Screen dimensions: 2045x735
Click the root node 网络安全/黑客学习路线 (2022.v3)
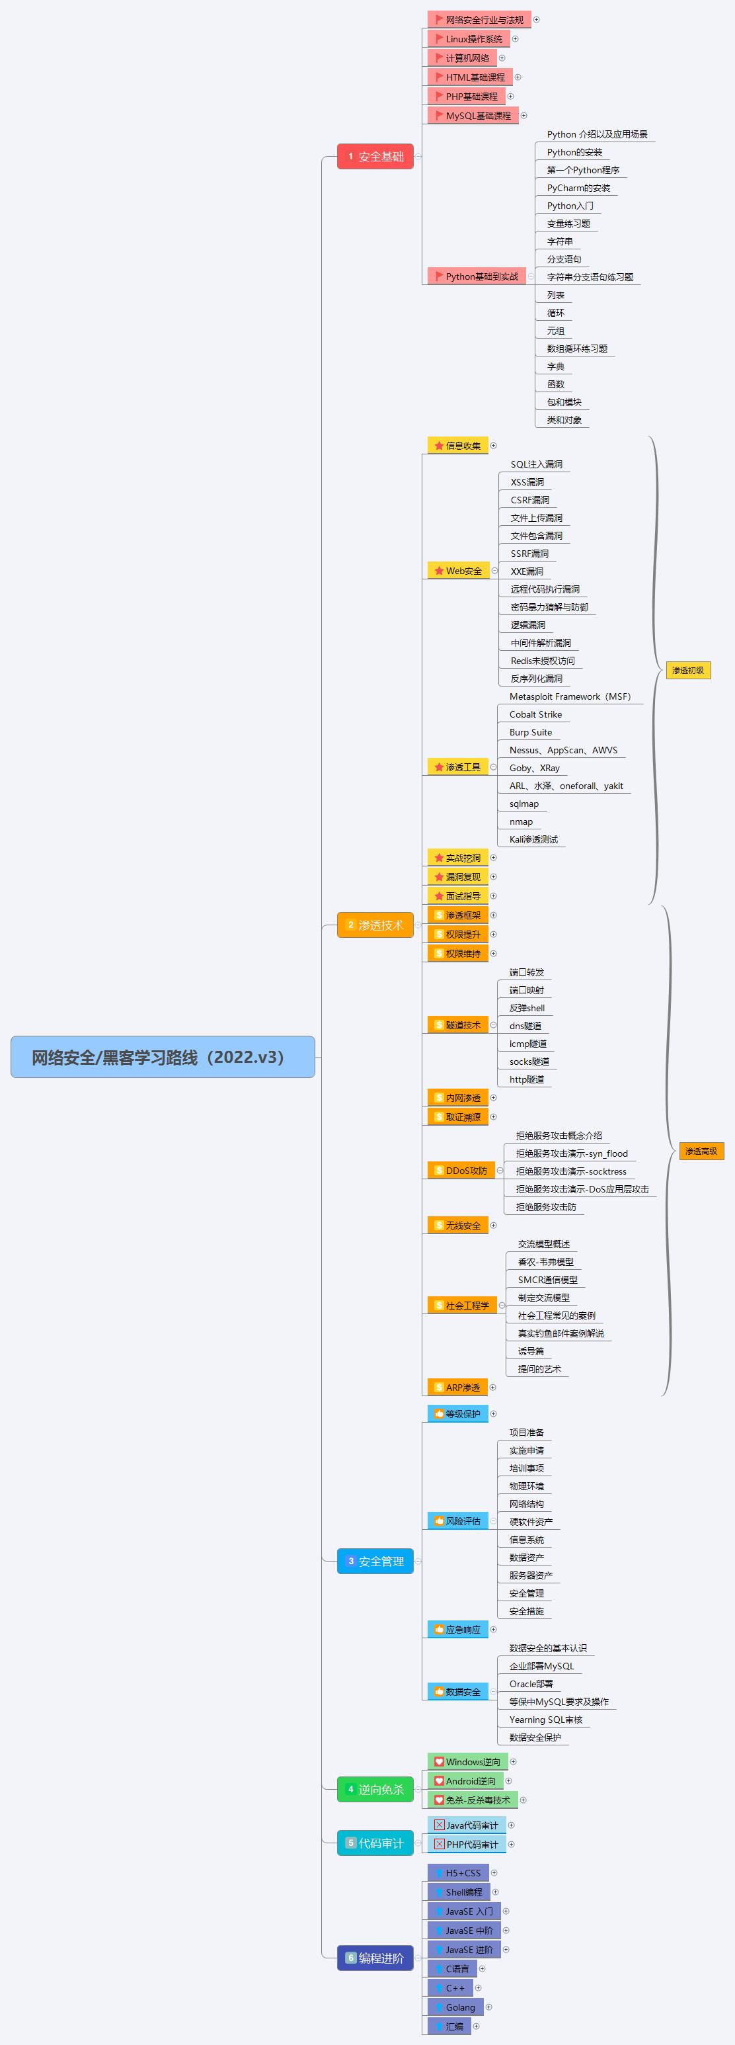point(163,1057)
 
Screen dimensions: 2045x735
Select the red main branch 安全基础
point(375,156)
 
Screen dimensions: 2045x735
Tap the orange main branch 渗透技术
point(375,925)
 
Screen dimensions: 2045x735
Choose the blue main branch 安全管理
point(375,1561)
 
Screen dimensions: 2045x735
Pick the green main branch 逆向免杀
point(375,1790)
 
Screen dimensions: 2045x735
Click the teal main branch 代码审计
point(375,1843)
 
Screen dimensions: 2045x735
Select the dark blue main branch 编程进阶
point(375,1958)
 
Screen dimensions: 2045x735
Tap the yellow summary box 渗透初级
point(687,670)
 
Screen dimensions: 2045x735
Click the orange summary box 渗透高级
point(701,1151)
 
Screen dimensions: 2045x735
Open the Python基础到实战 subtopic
point(477,276)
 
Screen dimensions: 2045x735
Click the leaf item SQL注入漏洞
point(537,464)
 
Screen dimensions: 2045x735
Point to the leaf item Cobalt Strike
point(535,714)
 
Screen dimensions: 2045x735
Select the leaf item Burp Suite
point(530,732)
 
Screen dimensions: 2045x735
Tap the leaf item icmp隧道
point(528,1044)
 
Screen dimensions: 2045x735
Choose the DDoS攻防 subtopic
point(461,1170)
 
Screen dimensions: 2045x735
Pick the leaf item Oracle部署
point(531,1684)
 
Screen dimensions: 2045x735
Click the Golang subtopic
point(455,2007)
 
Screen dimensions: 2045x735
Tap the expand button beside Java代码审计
point(511,1825)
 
